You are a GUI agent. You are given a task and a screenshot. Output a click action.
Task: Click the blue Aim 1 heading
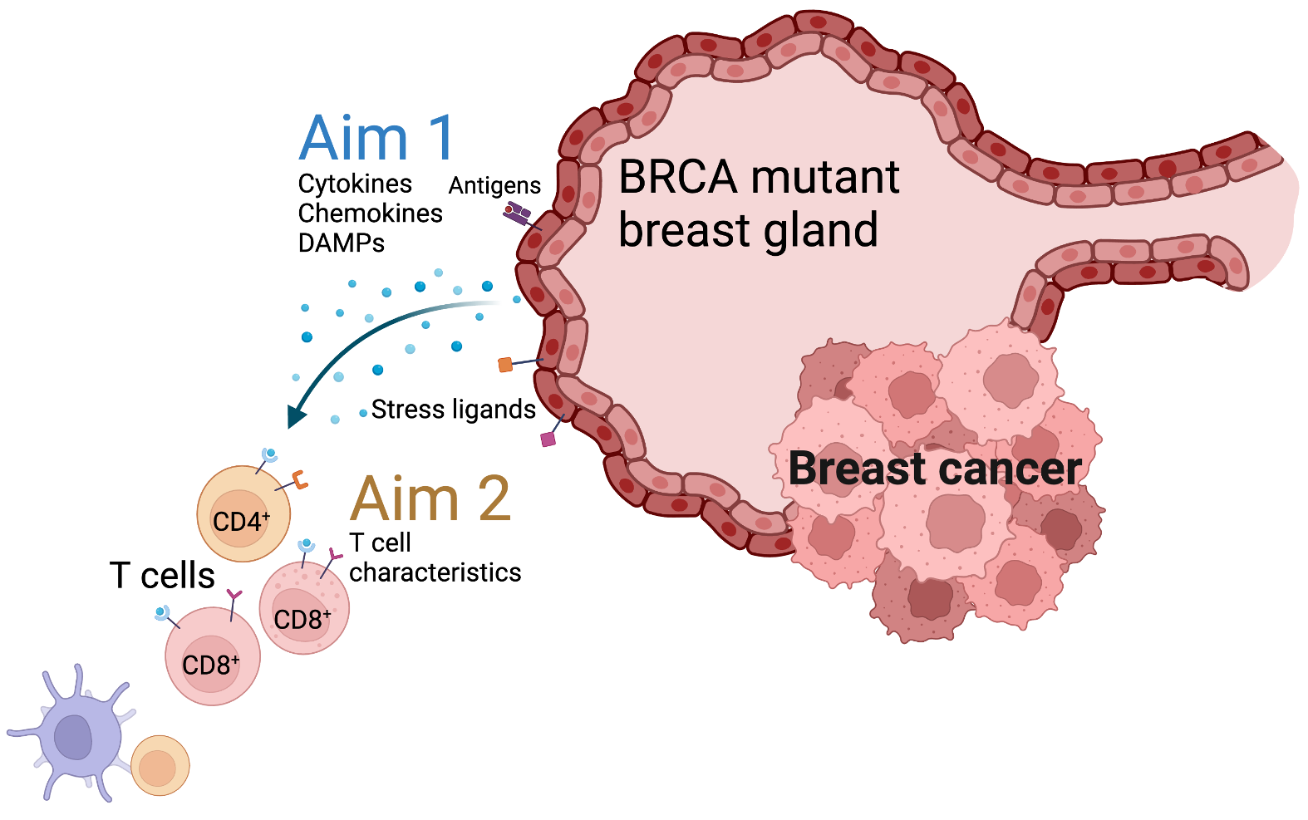coord(376,138)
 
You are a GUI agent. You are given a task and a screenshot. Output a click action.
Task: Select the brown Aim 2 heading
coord(430,498)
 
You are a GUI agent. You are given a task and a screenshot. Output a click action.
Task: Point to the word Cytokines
coord(355,184)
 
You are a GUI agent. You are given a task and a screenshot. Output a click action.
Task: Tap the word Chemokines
coord(370,214)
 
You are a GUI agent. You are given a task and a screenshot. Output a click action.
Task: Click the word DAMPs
coord(341,243)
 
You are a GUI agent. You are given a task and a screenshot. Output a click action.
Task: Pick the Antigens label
coord(494,185)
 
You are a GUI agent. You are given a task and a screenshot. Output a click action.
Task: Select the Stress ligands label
coord(453,410)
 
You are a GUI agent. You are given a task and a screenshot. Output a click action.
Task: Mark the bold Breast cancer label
coord(935,469)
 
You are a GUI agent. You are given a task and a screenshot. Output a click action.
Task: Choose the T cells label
coord(162,575)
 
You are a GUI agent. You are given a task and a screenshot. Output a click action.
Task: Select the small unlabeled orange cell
coord(160,765)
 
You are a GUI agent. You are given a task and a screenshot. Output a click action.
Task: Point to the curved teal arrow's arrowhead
coord(295,416)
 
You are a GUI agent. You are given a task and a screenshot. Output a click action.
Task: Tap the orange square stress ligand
coord(505,365)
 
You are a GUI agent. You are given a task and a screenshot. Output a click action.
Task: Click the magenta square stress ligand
coord(548,439)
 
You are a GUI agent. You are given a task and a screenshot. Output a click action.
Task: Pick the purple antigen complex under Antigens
coord(517,214)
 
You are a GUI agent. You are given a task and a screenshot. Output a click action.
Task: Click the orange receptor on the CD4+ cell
coord(299,479)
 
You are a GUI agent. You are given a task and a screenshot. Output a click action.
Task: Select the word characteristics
coord(435,572)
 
